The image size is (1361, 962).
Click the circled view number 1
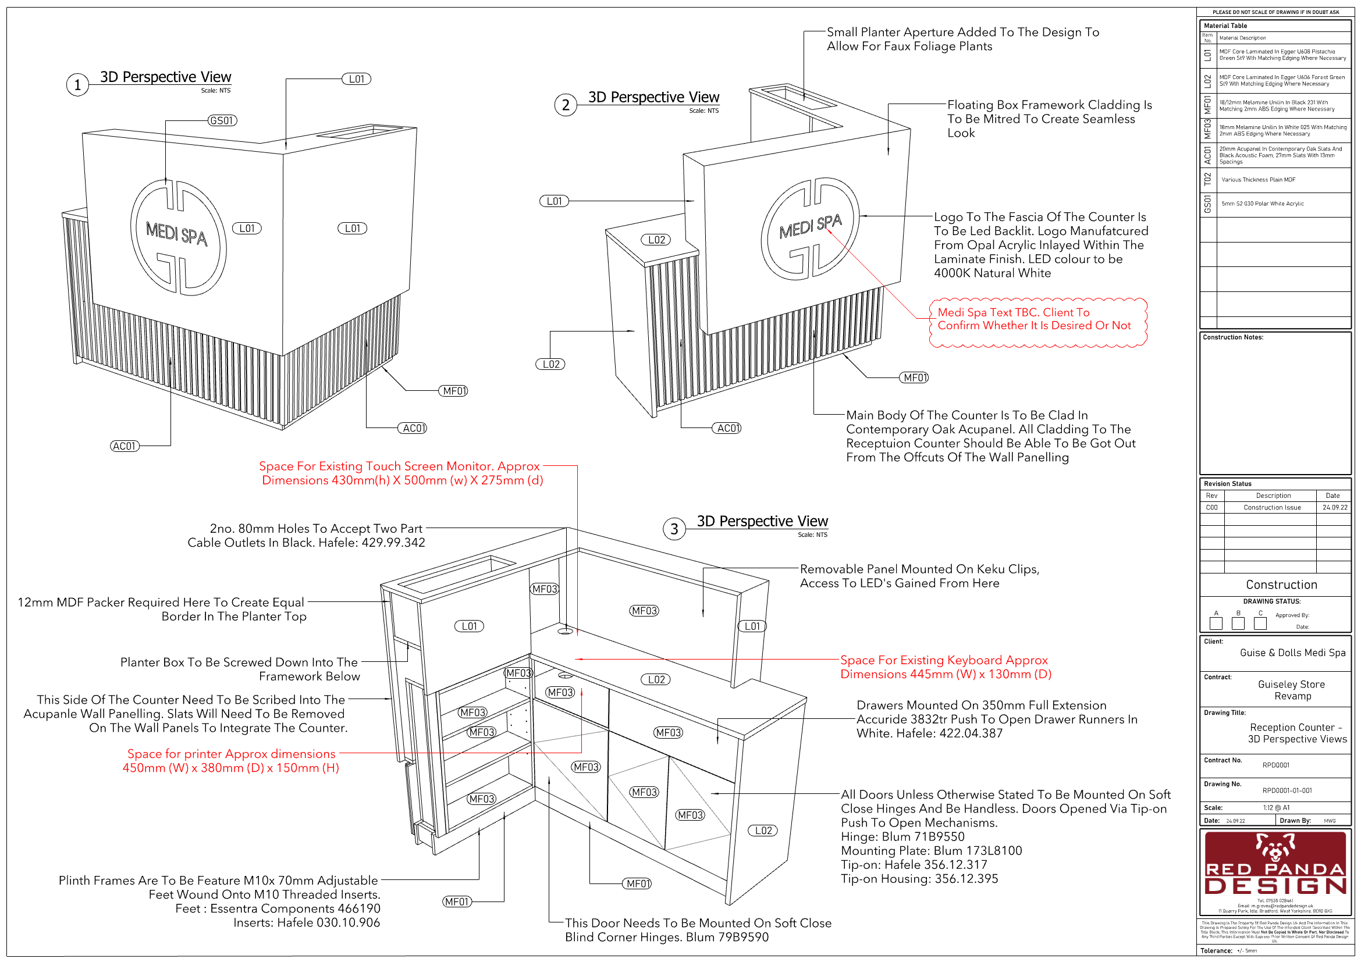coord(77,85)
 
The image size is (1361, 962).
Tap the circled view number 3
coord(673,528)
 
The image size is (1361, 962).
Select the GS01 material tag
coord(222,121)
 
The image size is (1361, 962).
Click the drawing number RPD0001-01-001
coord(1287,790)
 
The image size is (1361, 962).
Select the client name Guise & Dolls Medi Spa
coord(1292,653)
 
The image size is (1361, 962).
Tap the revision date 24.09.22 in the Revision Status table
coord(1334,508)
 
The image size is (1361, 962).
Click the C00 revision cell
coord(1211,508)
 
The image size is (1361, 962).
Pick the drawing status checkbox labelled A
coord(1216,623)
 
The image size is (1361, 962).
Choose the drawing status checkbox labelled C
coord(1260,623)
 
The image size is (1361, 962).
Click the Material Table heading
coord(1225,26)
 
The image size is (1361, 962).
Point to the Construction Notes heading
coord(1233,338)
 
